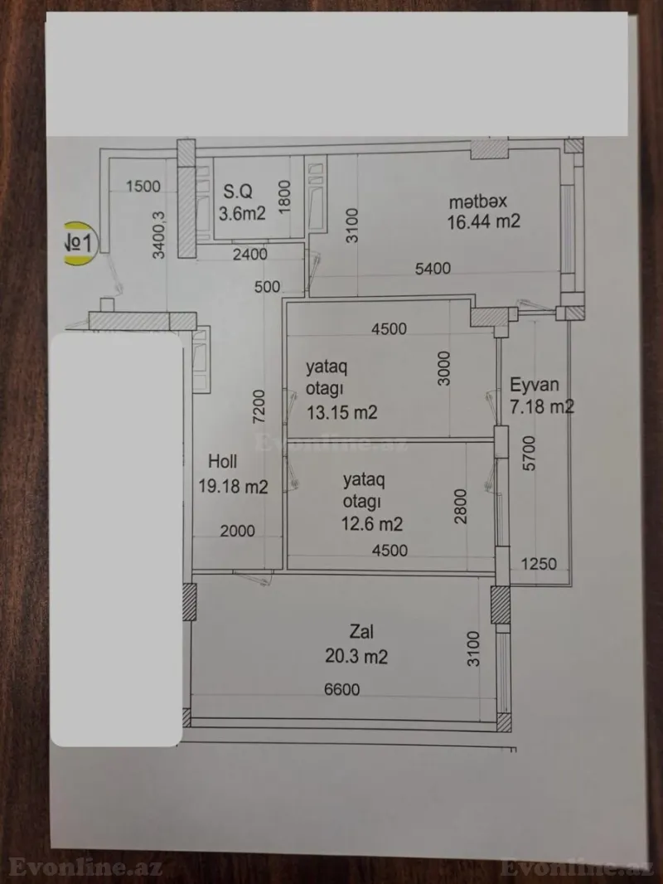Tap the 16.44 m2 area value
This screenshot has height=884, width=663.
pyautogui.click(x=483, y=222)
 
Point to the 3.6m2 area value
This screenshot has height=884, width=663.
pyautogui.click(x=241, y=213)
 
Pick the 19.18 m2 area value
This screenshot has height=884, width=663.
pyautogui.click(x=233, y=486)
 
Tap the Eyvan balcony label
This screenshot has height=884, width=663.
pyautogui.click(x=535, y=385)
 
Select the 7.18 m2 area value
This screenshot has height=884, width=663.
pyautogui.click(x=541, y=406)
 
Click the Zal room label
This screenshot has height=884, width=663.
pyautogui.click(x=350, y=634)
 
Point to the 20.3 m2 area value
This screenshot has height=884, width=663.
pyautogui.click(x=356, y=657)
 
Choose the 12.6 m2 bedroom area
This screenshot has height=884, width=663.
pyautogui.click(x=373, y=524)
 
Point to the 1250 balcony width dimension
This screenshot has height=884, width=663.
pyautogui.click(x=539, y=565)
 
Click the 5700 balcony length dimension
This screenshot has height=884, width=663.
pyautogui.click(x=530, y=454)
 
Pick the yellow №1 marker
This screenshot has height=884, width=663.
pyautogui.click(x=81, y=243)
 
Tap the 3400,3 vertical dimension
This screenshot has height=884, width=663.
pyautogui.click(x=159, y=235)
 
